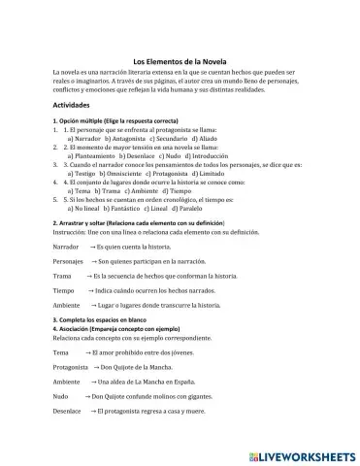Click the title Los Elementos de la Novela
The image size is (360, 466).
tap(180, 60)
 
